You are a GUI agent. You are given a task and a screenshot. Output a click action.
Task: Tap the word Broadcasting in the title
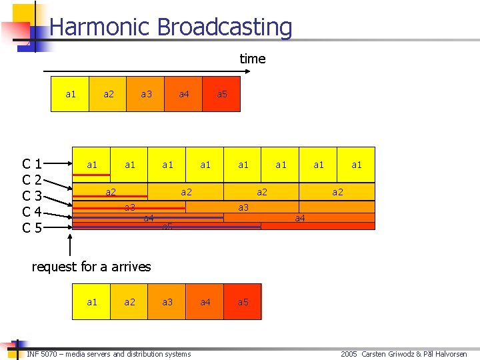[x=225, y=27]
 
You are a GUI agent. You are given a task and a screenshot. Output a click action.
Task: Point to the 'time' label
[x=253, y=59]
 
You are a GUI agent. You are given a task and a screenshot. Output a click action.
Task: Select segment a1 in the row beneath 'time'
[x=71, y=94]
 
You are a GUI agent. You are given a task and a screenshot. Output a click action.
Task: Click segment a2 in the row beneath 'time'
[x=109, y=94]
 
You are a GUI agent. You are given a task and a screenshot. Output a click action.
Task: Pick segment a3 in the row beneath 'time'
[x=146, y=94]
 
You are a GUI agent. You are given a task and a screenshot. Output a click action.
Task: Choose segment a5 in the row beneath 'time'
[x=222, y=94]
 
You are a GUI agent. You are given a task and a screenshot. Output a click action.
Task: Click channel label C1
[x=32, y=164]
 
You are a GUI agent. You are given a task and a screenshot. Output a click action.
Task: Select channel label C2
[x=32, y=180]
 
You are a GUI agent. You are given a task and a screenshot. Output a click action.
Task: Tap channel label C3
[x=32, y=196]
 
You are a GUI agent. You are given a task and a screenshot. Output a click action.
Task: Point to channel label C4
[x=32, y=212]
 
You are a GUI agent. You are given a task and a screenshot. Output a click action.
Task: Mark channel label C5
[x=32, y=228]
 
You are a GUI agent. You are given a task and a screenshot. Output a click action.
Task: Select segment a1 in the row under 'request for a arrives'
[x=92, y=302]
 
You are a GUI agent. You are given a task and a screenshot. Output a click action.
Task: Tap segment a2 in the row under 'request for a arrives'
[x=130, y=302]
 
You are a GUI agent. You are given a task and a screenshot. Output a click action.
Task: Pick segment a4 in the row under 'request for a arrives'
[x=205, y=302]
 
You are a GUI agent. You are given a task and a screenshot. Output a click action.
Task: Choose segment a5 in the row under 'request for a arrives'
[x=243, y=302]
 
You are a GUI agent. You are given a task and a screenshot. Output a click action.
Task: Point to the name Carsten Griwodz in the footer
[x=389, y=354]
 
